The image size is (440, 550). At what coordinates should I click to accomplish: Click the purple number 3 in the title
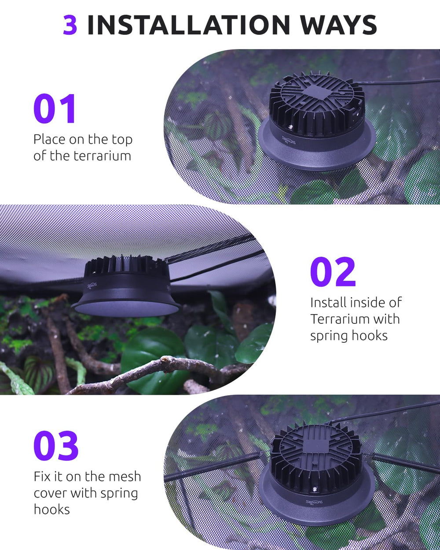70,25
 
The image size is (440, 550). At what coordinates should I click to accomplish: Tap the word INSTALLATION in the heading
189,25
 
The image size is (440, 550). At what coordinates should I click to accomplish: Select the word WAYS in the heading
338,25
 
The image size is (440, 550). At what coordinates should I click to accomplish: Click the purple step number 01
55,108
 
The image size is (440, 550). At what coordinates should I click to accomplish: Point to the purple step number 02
333,271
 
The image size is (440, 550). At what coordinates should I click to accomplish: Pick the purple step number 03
56,445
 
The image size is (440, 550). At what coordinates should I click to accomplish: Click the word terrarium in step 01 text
103,156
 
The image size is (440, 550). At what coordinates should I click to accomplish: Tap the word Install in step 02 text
328,303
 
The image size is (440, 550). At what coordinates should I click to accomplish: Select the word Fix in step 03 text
42,477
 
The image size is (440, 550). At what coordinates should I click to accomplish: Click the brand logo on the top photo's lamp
289,140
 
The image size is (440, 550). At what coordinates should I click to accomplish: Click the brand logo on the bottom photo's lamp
314,502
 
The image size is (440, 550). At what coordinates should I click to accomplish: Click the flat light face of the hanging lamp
126,308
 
